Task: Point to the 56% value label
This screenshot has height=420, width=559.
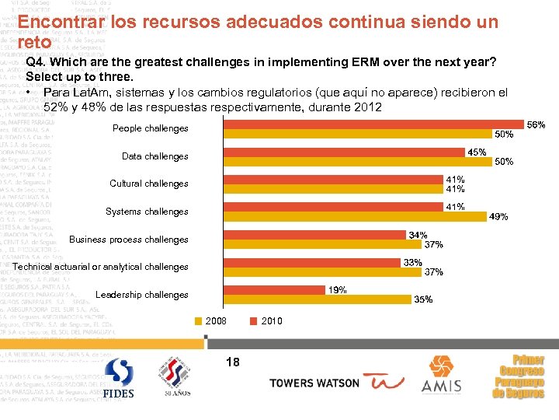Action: coord(536,124)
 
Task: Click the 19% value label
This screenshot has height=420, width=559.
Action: coord(336,290)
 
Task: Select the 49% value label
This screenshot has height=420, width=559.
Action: coord(498,217)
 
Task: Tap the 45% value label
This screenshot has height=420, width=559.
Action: coord(476,152)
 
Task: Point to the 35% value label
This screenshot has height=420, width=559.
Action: coord(423,299)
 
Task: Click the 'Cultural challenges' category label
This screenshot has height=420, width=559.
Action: coord(148,184)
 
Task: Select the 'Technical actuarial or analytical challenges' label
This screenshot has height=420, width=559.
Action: coord(101,267)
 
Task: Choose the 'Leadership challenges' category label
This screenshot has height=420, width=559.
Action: coord(141,295)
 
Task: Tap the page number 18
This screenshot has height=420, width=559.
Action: coord(232,361)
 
